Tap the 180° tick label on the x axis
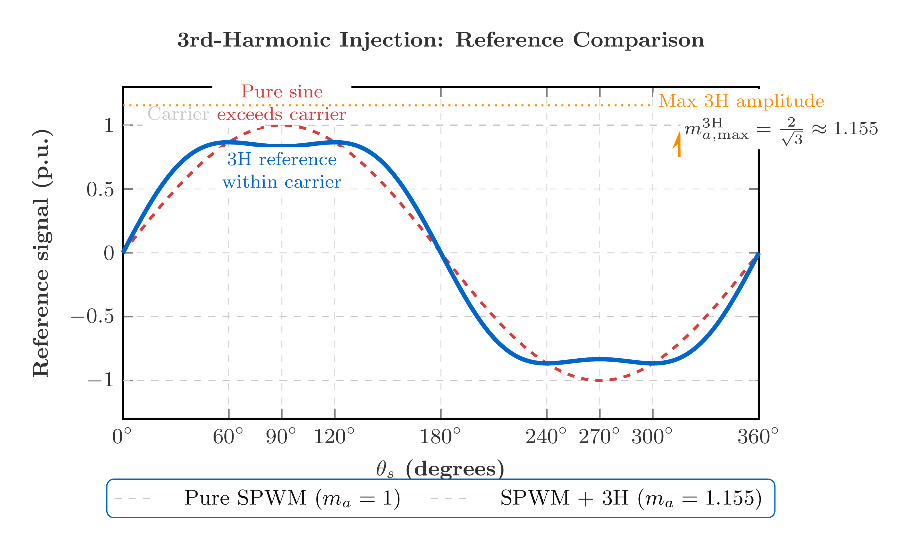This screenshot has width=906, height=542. click(440, 437)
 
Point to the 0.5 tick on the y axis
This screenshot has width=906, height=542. click(100, 189)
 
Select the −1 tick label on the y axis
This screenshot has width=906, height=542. click(101, 381)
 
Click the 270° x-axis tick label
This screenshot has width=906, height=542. click(599, 437)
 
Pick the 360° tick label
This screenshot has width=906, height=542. click(758, 437)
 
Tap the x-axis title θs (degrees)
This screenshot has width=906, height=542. click(440, 469)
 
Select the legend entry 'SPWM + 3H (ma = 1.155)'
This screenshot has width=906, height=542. click(630, 498)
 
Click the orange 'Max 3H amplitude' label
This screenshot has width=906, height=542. click(741, 101)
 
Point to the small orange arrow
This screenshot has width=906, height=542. click(678, 144)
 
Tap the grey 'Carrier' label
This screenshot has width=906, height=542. click(178, 114)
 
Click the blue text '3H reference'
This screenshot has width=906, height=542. click(281, 160)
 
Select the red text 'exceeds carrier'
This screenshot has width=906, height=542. click(281, 115)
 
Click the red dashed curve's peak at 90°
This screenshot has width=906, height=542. click(282, 126)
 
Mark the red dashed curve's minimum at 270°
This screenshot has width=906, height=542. click(599, 381)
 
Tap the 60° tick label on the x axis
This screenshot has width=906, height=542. click(228, 437)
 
